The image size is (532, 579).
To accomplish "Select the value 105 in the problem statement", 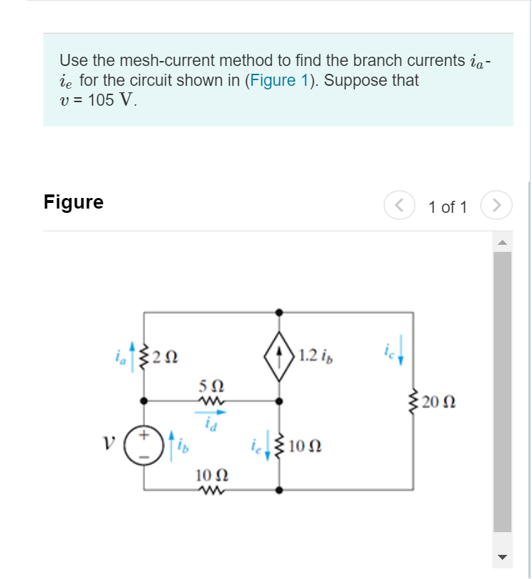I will [x=101, y=100].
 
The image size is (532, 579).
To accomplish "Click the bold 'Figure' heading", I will [x=73, y=202].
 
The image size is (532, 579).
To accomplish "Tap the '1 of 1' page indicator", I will [x=447, y=207].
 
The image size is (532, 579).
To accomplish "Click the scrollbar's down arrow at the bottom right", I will [x=502, y=557].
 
